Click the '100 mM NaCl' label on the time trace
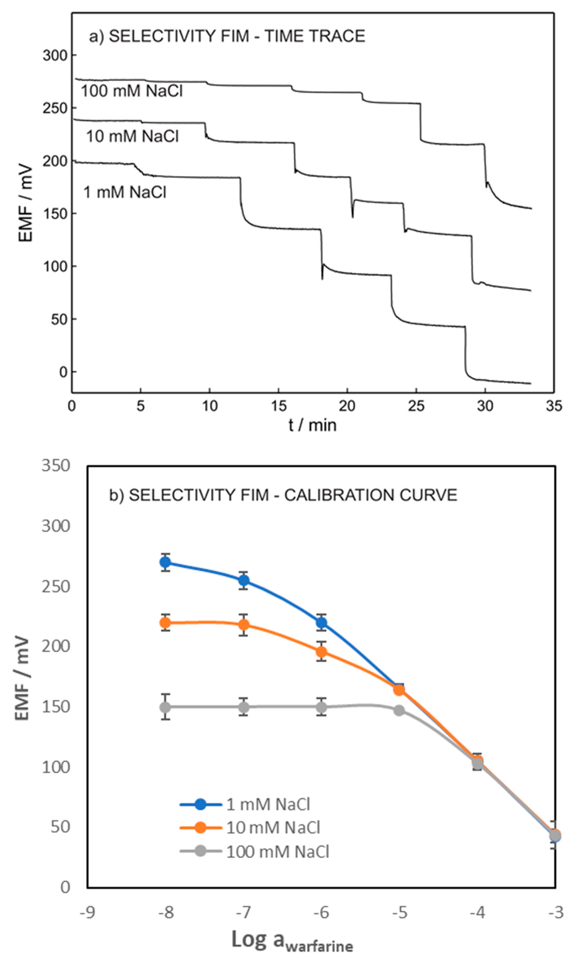(x=131, y=91)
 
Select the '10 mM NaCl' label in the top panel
(x=132, y=136)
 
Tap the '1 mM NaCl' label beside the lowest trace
(x=125, y=192)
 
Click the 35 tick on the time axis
(x=554, y=406)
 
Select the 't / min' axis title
(x=313, y=425)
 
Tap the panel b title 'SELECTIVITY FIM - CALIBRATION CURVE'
(x=292, y=495)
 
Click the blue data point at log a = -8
(x=165, y=562)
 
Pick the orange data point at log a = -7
(x=244, y=625)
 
